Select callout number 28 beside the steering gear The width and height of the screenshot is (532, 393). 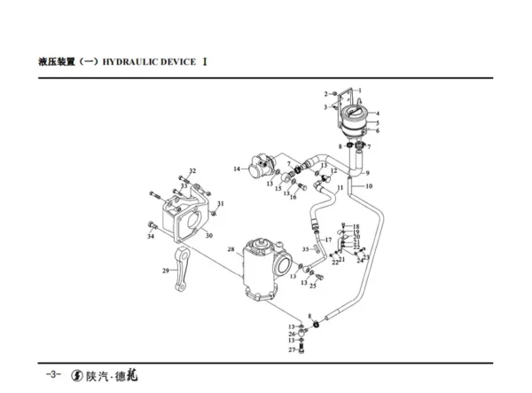[x=230, y=250]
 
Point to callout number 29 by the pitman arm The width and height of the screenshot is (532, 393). [x=165, y=271]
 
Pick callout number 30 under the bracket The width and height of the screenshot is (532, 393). [x=209, y=235]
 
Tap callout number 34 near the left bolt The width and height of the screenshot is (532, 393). [x=151, y=237]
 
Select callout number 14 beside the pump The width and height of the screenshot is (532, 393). [x=237, y=169]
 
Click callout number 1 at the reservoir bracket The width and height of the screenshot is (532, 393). [x=360, y=90]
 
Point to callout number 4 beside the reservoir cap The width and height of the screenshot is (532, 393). [x=377, y=114]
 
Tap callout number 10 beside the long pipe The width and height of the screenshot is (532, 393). [x=369, y=186]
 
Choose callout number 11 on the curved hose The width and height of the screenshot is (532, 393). [x=340, y=188]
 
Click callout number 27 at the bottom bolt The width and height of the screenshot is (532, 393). [x=290, y=351]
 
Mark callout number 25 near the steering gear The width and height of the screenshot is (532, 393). [x=312, y=286]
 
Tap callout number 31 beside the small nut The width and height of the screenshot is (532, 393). [x=222, y=204]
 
